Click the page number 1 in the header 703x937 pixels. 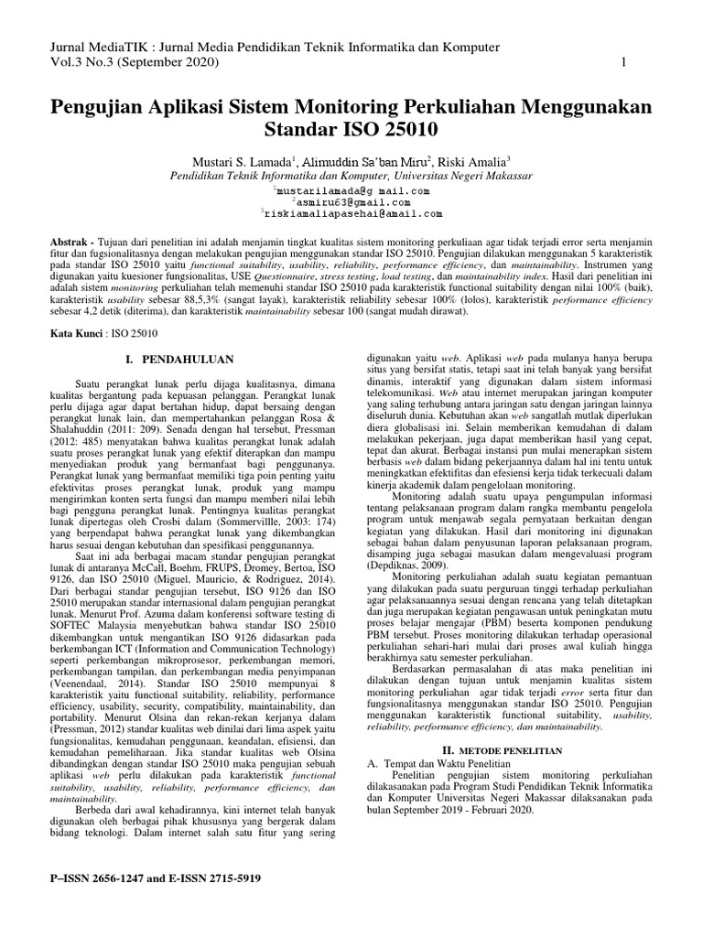[623, 62]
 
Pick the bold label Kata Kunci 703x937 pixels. [78, 335]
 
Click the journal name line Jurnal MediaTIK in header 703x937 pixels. [274, 46]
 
